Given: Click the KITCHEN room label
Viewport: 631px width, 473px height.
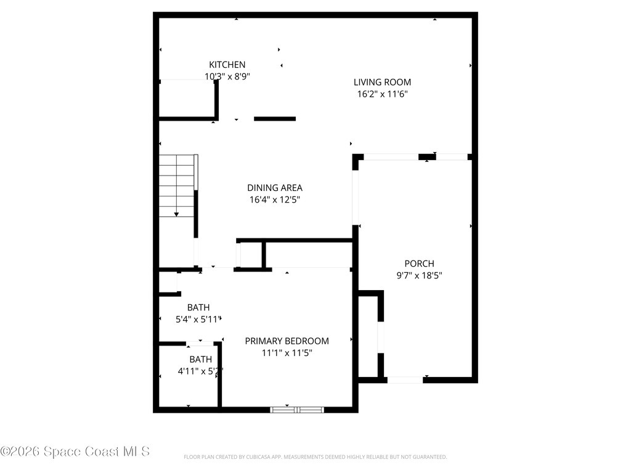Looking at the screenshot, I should (x=227, y=65).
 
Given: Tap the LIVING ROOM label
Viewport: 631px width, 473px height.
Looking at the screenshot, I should (x=382, y=82).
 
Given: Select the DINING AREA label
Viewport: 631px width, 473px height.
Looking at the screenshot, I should (x=275, y=188).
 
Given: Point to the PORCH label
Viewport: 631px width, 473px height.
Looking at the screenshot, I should (x=419, y=264).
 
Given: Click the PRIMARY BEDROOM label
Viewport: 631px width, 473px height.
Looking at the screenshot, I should (x=287, y=341).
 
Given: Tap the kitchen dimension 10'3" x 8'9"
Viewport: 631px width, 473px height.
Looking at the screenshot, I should (x=227, y=76).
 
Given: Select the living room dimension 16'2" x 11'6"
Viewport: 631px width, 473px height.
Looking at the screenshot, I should (x=382, y=94).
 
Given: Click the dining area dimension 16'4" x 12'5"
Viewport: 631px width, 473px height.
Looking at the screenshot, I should (x=275, y=200).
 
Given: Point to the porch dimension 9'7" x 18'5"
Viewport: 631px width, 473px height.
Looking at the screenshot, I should (x=419, y=275).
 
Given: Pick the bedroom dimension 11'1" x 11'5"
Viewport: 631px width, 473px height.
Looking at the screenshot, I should (x=287, y=353).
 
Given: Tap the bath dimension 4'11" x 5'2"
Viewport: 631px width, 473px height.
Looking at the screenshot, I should (x=200, y=371).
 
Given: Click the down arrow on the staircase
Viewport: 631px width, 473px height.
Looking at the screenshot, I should (x=176, y=213).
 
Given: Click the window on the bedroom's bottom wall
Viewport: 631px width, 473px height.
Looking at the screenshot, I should (x=298, y=409).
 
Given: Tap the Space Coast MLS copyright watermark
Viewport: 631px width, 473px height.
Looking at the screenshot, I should (x=75, y=451).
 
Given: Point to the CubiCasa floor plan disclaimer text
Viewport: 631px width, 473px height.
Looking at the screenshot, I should (x=315, y=457).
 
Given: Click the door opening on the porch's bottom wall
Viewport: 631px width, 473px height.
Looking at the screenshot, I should (x=405, y=380).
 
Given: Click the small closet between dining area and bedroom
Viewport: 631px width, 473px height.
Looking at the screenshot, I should (x=250, y=254).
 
